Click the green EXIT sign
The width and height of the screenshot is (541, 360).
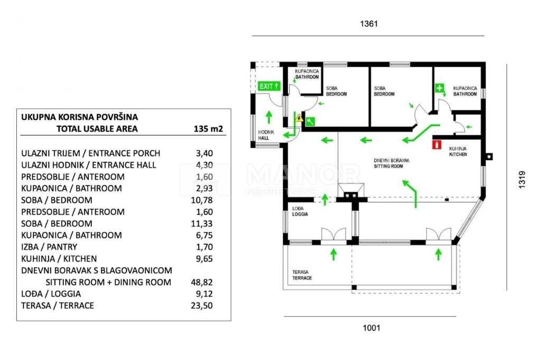pyautogui.click(x=268, y=86)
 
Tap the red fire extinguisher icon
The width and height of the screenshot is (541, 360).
pyautogui.click(x=436, y=144)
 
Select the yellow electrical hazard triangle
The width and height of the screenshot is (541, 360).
pyautogui.click(x=300, y=118)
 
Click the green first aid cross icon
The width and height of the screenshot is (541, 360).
pyautogui.click(x=439, y=88)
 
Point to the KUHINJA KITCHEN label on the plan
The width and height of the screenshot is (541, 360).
pyautogui.click(x=458, y=152)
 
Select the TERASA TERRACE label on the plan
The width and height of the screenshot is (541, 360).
pyautogui.click(x=302, y=275)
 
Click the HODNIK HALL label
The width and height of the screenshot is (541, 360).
pyautogui.click(x=264, y=135)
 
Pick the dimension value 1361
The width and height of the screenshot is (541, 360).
pyautogui.click(x=369, y=24)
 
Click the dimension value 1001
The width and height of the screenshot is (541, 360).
pyautogui.click(x=371, y=328)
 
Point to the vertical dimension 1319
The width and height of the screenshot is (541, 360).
pyautogui.click(x=521, y=180)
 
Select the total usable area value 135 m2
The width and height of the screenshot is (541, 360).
pyautogui.click(x=208, y=128)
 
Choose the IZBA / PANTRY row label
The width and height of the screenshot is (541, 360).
pyautogui.click(x=49, y=247)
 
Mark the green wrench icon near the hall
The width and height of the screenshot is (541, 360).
pyautogui.click(x=310, y=121)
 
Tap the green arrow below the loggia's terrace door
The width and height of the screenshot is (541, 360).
pyautogui.click(x=333, y=255)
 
